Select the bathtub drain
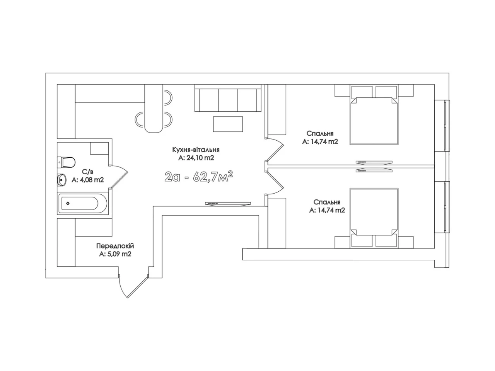pyautogui.click(x=68, y=203)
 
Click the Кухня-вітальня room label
pyautogui.click(x=196, y=150)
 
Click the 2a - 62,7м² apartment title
pyautogui.click(x=198, y=177)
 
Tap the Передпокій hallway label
pyautogui.click(x=115, y=245)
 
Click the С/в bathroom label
pyautogui.click(x=87, y=172)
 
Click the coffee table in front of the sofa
pyautogui.click(x=228, y=124)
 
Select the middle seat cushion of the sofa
pyautogui.click(x=228, y=100)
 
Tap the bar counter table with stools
pyautogui.click(x=154, y=108)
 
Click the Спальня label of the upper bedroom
pyautogui.click(x=320, y=133)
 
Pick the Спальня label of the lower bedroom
pyautogui.click(x=327, y=202)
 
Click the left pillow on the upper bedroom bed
pyautogui.click(x=362, y=91)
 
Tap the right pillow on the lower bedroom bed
pyautogui.click(x=386, y=241)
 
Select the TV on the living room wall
pyautogui.click(x=228, y=204)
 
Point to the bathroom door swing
pyautogui.click(x=119, y=177)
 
